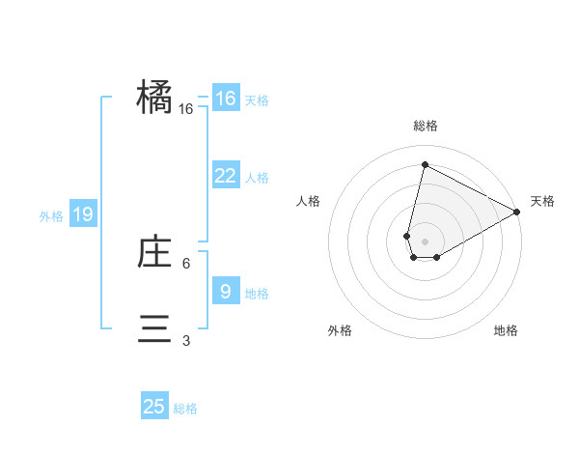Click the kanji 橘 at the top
[154, 98]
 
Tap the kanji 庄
[154, 253]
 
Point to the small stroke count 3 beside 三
[186, 340]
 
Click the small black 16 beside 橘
[186, 109]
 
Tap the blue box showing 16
[225, 99]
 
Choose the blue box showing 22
[225, 176]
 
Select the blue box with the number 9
[225, 291]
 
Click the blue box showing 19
[83, 214]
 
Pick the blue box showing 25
[154, 407]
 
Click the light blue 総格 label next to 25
[185, 409]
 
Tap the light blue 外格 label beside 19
[51, 216]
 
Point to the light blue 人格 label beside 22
[257, 178]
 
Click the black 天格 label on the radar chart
[542, 201]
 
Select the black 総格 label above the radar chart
[426, 127]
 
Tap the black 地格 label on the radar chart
[506, 330]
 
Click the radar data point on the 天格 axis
[517, 213]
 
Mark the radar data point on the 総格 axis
[425, 164]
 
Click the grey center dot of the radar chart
[425, 241]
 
